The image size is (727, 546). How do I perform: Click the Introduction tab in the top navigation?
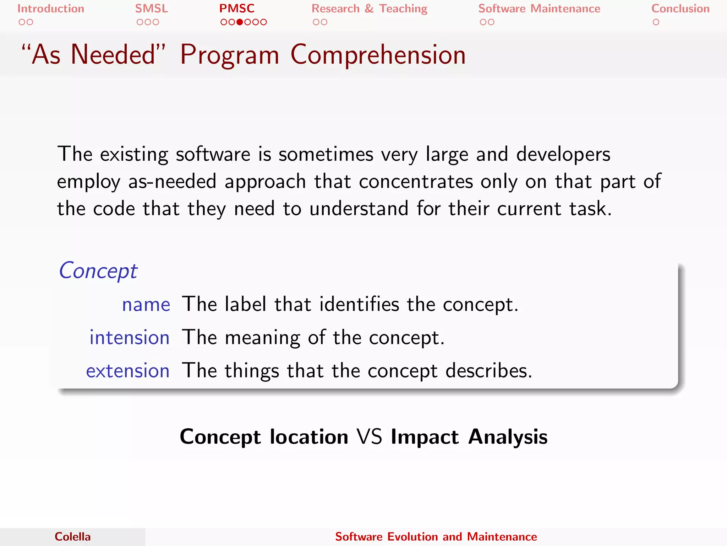coord(51,9)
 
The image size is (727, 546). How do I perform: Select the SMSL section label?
coord(151,9)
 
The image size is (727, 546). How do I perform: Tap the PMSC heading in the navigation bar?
coord(237,9)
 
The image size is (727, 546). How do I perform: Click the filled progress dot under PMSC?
coord(240,22)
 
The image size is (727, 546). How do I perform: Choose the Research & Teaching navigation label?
coord(369,9)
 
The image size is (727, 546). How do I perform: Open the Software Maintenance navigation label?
coord(539,9)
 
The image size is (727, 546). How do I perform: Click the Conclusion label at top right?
coord(680,9)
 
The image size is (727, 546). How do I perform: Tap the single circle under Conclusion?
coord(656,22)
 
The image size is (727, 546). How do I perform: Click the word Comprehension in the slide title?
coord(378,55)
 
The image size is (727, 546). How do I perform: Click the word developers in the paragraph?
coord(563,154)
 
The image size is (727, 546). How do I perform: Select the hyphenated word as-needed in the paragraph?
coord(172,182)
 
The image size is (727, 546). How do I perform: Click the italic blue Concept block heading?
coord(98,271)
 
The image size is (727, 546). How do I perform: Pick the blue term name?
coord(146,305)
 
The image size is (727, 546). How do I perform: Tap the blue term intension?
coord(129,337)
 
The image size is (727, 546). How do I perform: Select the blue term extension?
coord(127,371)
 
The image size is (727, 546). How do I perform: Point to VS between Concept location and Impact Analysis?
coord(369,437)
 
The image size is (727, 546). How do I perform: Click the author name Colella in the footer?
coord(72,536)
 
